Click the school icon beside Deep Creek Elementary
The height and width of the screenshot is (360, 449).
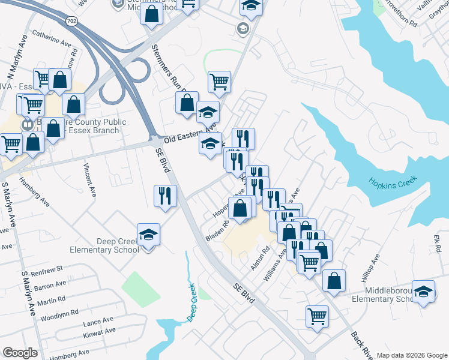pos(149,235)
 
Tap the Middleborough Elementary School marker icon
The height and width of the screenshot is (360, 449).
pos(424,292)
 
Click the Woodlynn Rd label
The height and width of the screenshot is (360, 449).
pos(59,313)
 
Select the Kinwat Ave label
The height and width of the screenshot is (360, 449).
pos(100,331)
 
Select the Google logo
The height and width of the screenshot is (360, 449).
pos(20,353)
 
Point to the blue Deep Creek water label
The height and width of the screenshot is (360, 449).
pos(191,304)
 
